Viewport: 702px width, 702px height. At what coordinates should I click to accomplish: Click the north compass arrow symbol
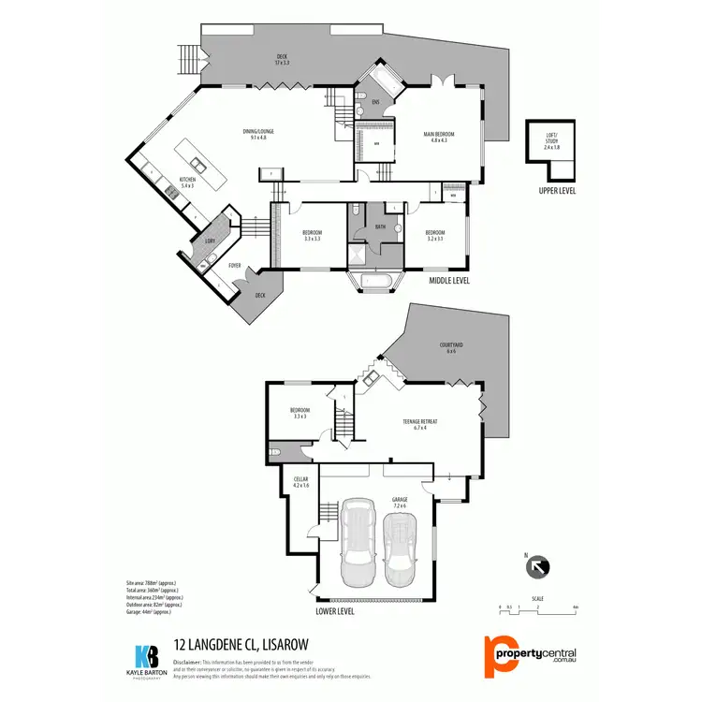click(x=539, y=565)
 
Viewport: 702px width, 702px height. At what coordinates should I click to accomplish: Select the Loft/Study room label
click(x=551, y=141)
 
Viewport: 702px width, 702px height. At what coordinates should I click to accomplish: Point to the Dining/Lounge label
click(x=258, y=134)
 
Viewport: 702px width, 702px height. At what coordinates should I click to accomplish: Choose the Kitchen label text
click(x=187, y=181)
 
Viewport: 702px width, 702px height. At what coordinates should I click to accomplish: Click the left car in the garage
click(x=358, y=544)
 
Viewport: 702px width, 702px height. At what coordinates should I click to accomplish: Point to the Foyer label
click(x=234, y=266)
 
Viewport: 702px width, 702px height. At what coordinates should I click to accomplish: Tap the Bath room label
click(x=380, y=227)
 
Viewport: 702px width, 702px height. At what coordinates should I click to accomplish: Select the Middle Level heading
click(x=448, y=280)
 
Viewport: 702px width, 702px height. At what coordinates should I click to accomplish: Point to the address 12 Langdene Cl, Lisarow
click(x=241, y=644)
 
